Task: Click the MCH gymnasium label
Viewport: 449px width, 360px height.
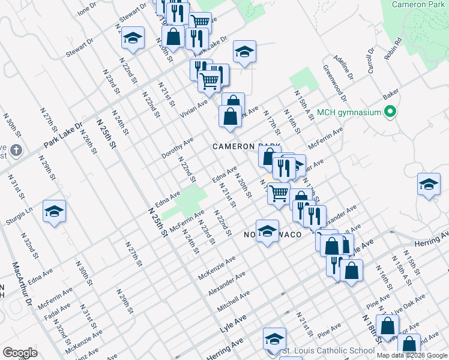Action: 349,112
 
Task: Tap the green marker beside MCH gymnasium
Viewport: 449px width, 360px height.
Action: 390,112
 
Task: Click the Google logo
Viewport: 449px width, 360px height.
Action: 20,352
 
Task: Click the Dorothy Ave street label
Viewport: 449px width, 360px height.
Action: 177,148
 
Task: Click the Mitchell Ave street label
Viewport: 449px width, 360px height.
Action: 234,301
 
